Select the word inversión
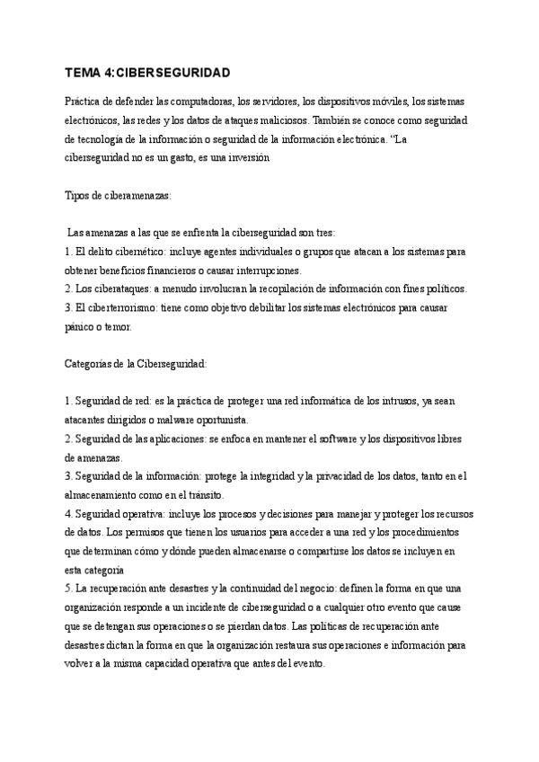tap(266, 158)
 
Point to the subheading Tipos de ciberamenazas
tap(119, 195)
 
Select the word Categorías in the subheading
tap(94, 363)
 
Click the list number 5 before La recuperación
tap(69, 588)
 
